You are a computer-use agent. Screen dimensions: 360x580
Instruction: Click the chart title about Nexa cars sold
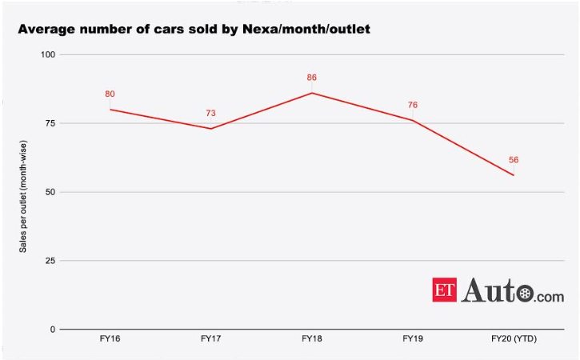pyautogui.click(x=194, y=30)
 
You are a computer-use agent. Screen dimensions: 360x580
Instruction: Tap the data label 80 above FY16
pyautogui.click(x=110, y=94)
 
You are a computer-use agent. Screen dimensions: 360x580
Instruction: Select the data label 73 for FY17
pyautogui.click(x=210, y=114)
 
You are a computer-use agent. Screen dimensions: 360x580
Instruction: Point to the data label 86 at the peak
pyautogui.click(x=312, y=78)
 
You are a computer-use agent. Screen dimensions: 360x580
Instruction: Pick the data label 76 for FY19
pyautogui.click(x=413, y=105)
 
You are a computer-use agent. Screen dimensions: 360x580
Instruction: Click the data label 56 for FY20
pyautogui.click(x=514, y=160)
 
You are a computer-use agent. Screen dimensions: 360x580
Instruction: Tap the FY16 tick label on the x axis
pyautogui.click(x=110, y=339)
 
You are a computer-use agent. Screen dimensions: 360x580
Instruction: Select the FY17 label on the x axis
pyautogui.click(x=210, y=339)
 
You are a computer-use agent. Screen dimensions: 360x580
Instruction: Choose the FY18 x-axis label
pyautogui.click(x=312, y=339)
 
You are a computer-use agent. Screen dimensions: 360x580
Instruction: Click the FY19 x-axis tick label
pyautogui.click(x=413, y=339)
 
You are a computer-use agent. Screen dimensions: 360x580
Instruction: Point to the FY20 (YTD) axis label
pyautogui.click(x=514, y=339)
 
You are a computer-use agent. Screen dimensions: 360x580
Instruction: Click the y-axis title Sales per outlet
pyautogui.click(x=23, y=192)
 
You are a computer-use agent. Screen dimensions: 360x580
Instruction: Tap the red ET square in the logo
pyautogui.click(x=445, y=290)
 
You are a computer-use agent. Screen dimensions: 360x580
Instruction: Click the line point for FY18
pyautogui.click(x=312, y=93)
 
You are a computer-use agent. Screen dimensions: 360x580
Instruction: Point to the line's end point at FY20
pyautogui.click(x=514, y=175)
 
